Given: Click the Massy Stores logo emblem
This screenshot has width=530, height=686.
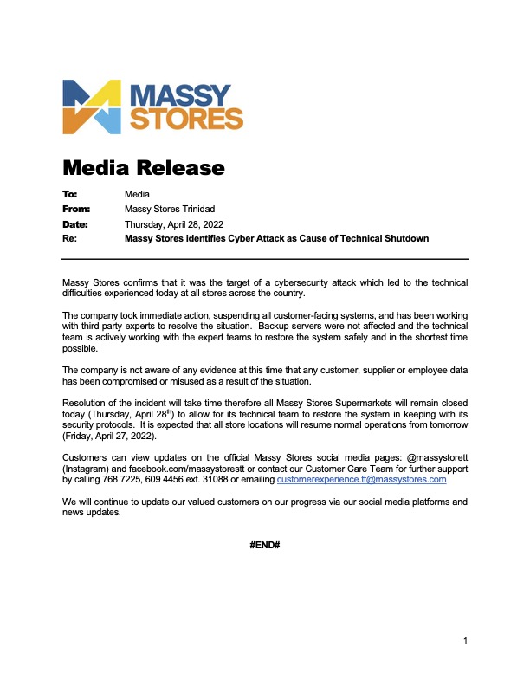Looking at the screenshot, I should [x=92, y=106].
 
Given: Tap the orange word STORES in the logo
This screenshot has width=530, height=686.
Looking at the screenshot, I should [x=185, y=119].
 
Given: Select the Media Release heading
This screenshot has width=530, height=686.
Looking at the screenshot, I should [x=144, y=167].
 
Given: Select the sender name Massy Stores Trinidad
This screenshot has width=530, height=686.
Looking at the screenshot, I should [x=170, y=209].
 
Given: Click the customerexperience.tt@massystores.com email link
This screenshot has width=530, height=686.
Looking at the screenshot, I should [x=361, y=478].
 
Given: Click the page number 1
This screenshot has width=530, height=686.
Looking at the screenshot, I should [x=465, y=641].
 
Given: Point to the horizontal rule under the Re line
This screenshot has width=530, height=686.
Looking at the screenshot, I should [x=265, y=259].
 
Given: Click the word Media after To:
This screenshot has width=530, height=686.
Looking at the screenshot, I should [x=138, y=194].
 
